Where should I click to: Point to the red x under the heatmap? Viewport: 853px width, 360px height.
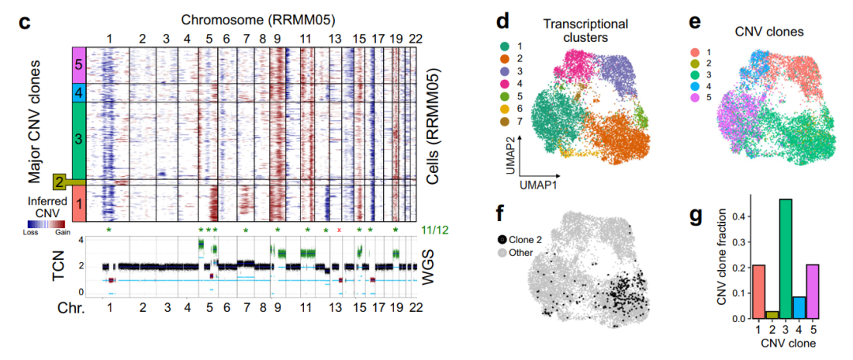point(340,230)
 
